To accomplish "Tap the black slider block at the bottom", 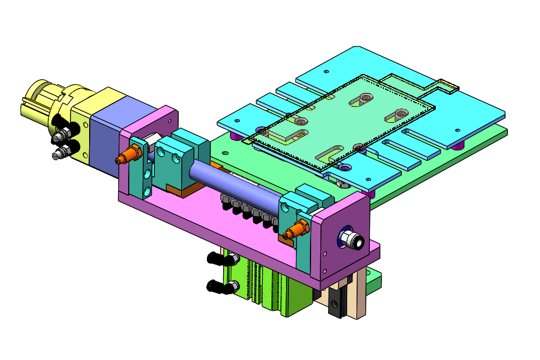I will click(x=335, y=303).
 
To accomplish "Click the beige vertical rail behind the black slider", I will click(x=358, y=297).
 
